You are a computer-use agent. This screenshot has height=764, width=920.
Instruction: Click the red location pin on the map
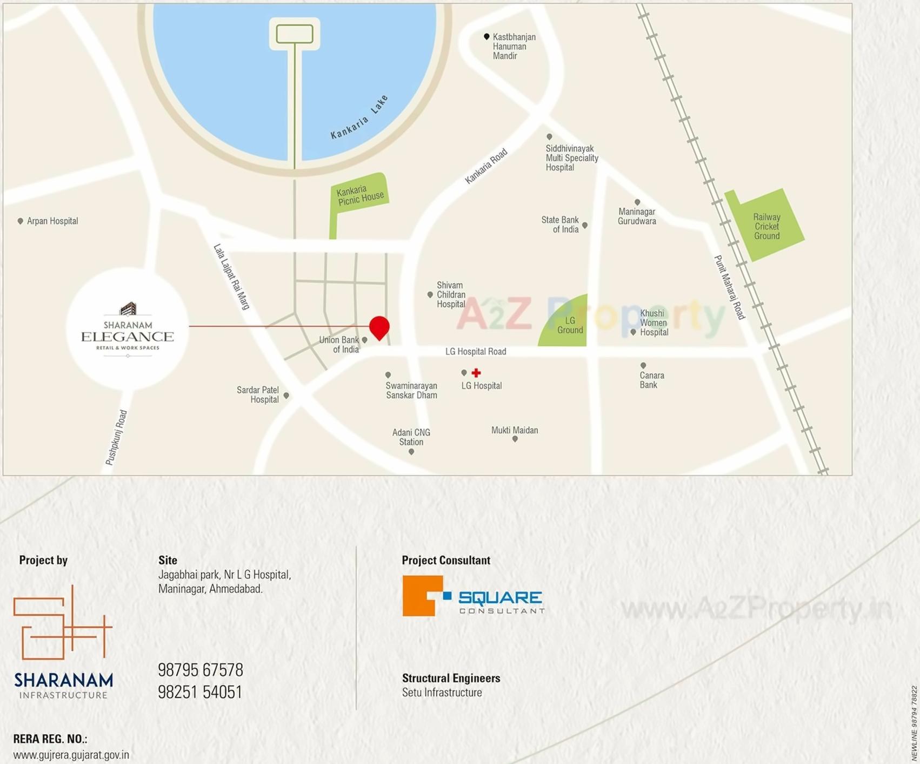[x=379, y=326]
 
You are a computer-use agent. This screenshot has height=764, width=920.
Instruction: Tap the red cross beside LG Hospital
[x=476, y=373]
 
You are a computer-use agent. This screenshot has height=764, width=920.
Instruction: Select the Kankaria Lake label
[x=359, y=118]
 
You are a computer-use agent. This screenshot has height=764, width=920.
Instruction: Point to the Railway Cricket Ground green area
[x=766, y=226]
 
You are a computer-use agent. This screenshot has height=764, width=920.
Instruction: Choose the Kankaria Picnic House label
[x=360, y=195]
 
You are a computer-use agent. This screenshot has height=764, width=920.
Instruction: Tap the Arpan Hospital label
[x=52, y=221]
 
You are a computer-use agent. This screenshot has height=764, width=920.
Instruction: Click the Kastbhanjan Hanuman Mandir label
[x=513, y=47]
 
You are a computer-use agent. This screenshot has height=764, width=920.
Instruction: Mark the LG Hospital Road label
[x=476, y=352]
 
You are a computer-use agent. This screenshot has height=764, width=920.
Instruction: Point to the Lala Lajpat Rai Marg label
[x=231, y=276]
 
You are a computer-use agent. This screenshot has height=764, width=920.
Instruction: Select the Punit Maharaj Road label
[x=730, y=287]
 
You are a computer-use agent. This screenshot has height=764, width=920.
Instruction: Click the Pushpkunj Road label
[x=116, y=437]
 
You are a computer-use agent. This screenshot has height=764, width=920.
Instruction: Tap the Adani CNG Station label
[x=411, y=437]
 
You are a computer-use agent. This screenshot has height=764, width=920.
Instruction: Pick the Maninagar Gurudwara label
[x=637, y=216]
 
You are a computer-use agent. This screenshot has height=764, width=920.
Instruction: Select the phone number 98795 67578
[x=201, y=670]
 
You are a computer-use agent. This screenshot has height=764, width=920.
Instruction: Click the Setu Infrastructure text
[x=442, y=693]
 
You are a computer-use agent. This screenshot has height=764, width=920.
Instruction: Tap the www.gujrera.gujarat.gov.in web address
[x=71, y=755]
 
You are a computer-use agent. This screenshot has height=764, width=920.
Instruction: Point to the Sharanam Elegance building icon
[x=128, y=308]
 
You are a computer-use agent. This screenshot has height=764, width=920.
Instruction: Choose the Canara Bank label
[x=651, y=380]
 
